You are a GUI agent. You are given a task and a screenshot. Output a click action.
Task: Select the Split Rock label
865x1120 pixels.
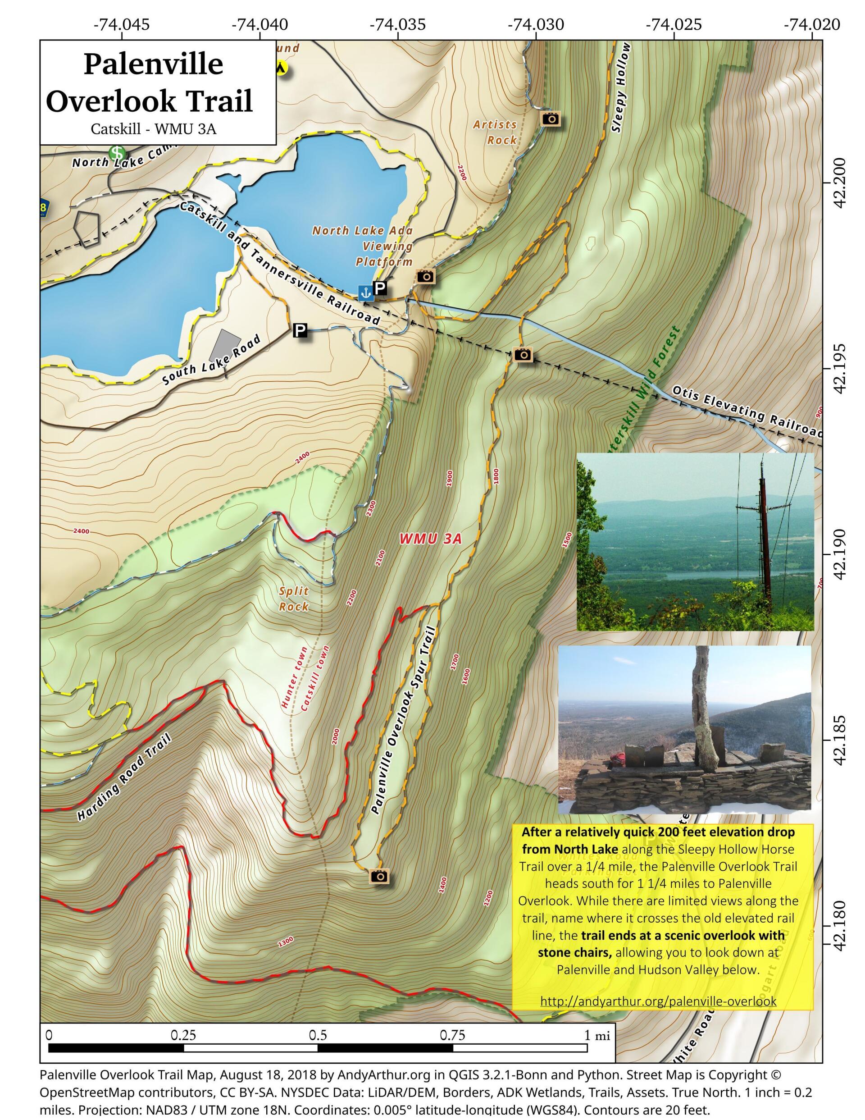[x=294, y=599]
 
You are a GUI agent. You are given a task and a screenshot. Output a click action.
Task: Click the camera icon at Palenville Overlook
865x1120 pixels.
[x=379, y=875]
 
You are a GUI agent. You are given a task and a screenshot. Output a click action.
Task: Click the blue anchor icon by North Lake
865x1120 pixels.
[x=365, y=293]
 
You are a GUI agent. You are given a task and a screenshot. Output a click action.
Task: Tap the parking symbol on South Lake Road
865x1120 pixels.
[x=300, y=330]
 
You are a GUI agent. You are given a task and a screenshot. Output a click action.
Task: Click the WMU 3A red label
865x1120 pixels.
[x=430, y=539]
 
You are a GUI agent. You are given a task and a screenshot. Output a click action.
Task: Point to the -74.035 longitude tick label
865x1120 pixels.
[x=398, y=24]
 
